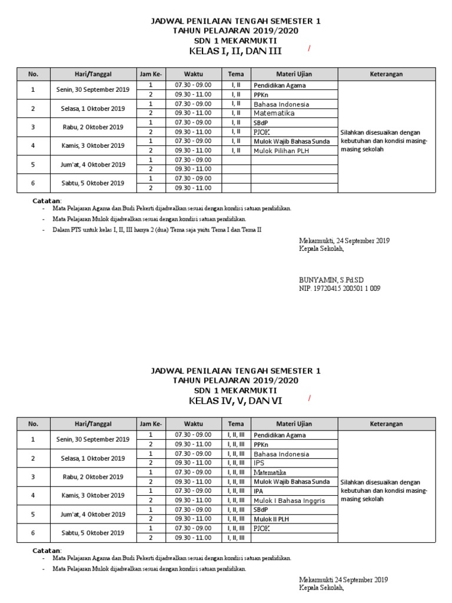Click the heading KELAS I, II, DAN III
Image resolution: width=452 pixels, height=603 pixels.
[x=232, y=52]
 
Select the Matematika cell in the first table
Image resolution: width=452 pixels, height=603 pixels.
[x=274, y=113]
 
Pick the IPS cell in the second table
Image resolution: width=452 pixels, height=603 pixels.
[x=260, y=463]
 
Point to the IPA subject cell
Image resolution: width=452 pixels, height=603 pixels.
[x=258, y=491]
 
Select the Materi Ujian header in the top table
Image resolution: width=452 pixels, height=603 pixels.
[x=294, y=74]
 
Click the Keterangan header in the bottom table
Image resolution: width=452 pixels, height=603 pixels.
[x=386, y=424]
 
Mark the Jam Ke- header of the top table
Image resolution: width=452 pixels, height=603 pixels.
[x=151, y=74]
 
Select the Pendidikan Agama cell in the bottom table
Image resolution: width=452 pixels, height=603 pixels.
[x=280, y=435]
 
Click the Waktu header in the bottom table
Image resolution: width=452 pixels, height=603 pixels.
[x=193, y=424]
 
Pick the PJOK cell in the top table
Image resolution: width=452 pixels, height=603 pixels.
[x=261, y=132]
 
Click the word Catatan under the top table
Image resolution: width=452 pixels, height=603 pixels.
[x=46, y=202]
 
